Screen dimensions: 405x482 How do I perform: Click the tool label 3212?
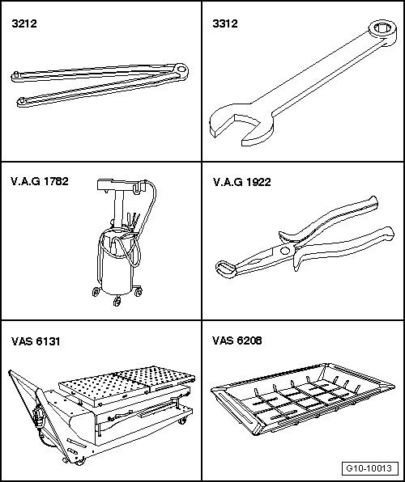click(24, 23)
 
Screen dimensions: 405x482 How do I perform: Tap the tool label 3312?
click(225, 23)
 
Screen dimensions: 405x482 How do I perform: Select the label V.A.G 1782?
click(40, 181)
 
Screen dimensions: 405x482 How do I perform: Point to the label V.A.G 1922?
click(241, 182)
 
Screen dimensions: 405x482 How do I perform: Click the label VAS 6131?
click(36, 341)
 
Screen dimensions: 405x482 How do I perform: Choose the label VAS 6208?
click(237, 340)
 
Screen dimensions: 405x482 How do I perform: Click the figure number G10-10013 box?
click(369, 468)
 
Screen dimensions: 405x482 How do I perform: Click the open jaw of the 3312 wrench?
click(241, 125)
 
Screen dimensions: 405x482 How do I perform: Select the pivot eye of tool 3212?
click(181, 70)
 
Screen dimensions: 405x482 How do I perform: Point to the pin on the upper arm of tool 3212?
click(15, 74)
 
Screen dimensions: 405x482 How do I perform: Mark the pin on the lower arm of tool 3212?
click(22, 100)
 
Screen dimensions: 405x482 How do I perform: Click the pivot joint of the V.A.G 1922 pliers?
click(285, 251)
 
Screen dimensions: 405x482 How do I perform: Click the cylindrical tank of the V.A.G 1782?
click(117, 264)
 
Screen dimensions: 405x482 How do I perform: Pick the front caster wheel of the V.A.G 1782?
click(117, 302)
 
